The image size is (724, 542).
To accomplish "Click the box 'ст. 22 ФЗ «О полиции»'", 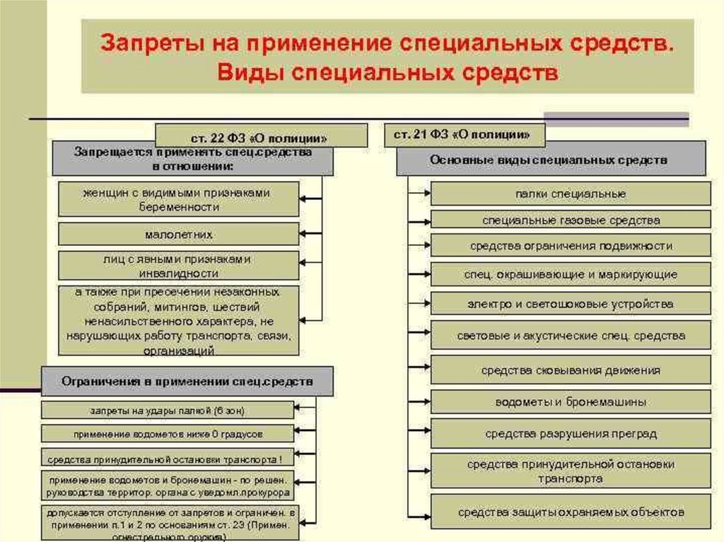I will click(261, 135).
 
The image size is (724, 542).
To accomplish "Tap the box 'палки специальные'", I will click(571, 194).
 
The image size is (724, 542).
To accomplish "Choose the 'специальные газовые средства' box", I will click(571, 220).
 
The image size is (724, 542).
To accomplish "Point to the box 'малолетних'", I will click(178, 234).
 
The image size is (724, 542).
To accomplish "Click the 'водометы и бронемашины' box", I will click(571, 402).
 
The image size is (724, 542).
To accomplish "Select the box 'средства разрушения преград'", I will click(571, 433).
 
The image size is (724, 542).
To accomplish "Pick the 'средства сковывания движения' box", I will click(571, 370).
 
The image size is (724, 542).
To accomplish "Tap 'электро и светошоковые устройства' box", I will click(571, 304).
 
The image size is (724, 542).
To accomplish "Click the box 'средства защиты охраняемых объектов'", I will click(571, 511).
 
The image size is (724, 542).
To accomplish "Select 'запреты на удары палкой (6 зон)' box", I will click(167, 410).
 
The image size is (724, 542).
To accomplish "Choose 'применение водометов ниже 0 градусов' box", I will click(167, 433).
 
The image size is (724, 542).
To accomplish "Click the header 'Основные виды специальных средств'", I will click(551, 160).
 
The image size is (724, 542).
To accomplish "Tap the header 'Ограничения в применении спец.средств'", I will click(187, 382).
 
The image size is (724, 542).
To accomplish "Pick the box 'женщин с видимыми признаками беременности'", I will click(178, 199).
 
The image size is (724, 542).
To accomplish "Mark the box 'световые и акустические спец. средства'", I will click(571, 335).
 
